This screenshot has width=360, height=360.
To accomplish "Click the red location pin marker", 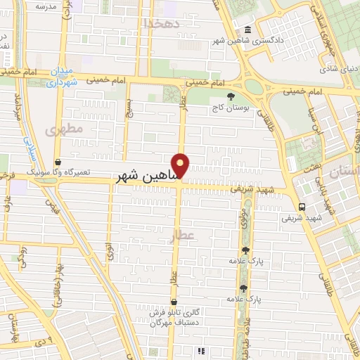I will click(181, 165).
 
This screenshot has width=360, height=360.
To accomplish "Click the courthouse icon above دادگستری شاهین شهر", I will click(247, 30).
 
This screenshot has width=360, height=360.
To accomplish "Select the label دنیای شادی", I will click(338, 70).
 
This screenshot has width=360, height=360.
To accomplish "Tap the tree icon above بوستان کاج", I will click(231, 96).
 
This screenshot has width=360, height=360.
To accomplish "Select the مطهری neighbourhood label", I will click(64, 129).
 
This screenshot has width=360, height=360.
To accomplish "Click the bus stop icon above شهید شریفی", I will click(302, 207).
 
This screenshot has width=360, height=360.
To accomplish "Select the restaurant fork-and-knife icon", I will click(200, 350).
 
